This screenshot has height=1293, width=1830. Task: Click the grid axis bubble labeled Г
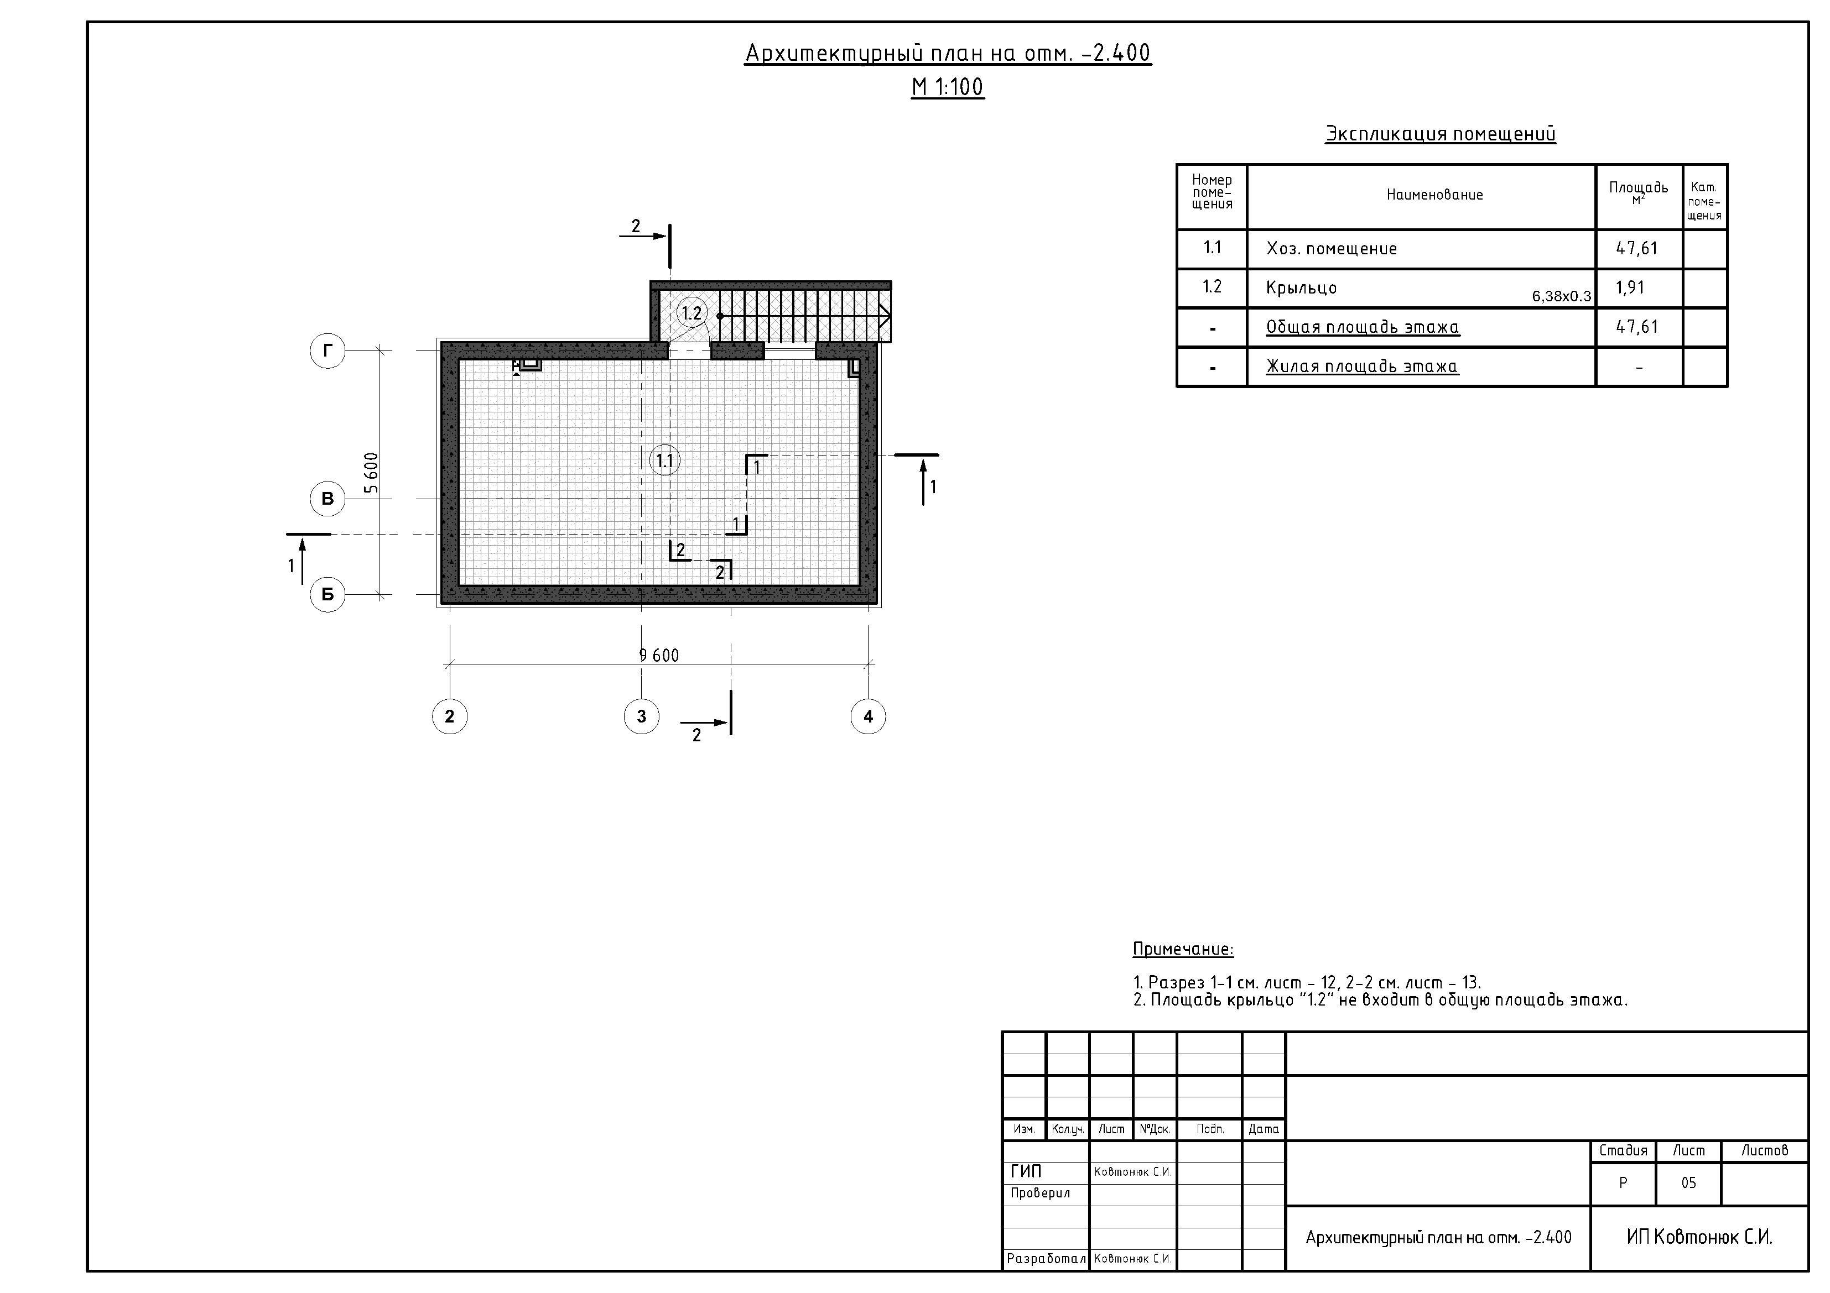[x=327, y=350]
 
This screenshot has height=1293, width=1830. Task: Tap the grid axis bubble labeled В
[x=327, y=499]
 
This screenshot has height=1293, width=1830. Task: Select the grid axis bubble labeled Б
[x=327, y=594]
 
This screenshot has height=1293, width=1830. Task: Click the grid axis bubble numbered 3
[x=642, y=716]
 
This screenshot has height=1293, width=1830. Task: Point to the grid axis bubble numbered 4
[x=868, y=716]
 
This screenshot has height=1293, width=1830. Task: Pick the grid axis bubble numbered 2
[x=450, y=716]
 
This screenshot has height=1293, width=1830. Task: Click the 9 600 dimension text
[x=659, y=655]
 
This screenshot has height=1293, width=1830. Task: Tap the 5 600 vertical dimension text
[x=371, y=473]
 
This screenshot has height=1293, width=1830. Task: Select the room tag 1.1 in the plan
[x=665, y=460]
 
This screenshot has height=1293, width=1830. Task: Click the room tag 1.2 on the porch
[x=692, y=313]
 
